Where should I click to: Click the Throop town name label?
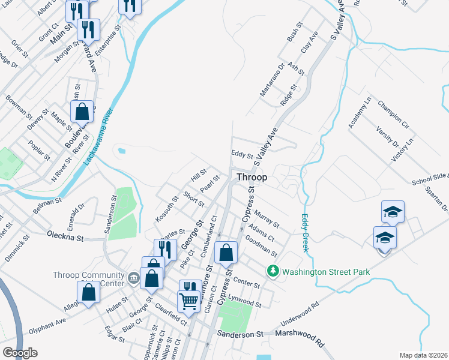252,178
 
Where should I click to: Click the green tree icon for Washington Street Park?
273,272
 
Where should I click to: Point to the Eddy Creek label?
306,233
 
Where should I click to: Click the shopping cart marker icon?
188,301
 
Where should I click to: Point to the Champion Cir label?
393,115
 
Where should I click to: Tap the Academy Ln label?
360,113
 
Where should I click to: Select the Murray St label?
267,219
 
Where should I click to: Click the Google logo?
20,353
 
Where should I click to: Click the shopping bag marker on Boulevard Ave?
82,112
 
